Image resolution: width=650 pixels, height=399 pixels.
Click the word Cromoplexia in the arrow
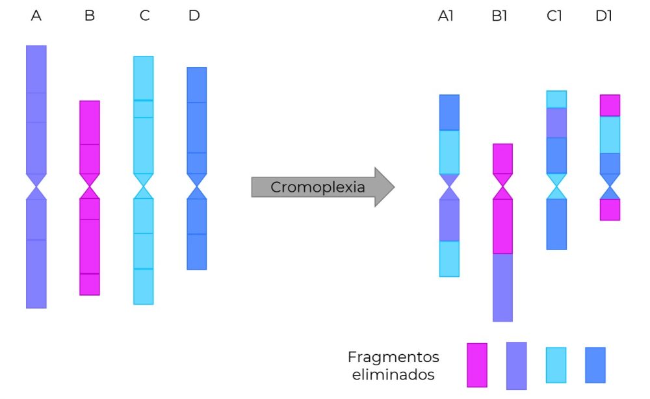[318, 187]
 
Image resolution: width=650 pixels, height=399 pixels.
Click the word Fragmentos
[393, 357]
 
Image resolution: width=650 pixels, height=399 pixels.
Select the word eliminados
[393, 375]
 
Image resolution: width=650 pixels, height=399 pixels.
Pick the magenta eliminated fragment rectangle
[477, 365]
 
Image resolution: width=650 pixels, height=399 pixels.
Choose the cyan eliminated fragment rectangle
[556, 365]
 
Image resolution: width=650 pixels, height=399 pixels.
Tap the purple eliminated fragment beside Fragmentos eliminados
[516, 365]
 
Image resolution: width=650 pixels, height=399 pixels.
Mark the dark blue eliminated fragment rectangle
[595, 365]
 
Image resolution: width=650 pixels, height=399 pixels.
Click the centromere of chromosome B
[90, 186]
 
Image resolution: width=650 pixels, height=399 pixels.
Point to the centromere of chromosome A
[36, 186]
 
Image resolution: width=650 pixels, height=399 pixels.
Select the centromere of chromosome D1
[610, 186]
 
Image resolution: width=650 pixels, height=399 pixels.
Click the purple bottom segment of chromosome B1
[502, 287]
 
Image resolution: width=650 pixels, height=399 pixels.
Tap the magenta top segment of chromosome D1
[610, 105]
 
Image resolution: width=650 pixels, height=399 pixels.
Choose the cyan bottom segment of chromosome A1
[449, 259]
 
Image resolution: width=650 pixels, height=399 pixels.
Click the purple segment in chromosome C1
[556, 122]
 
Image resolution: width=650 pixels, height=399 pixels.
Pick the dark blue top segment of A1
[449, 112]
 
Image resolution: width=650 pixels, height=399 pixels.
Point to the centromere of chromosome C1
[556, 186]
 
